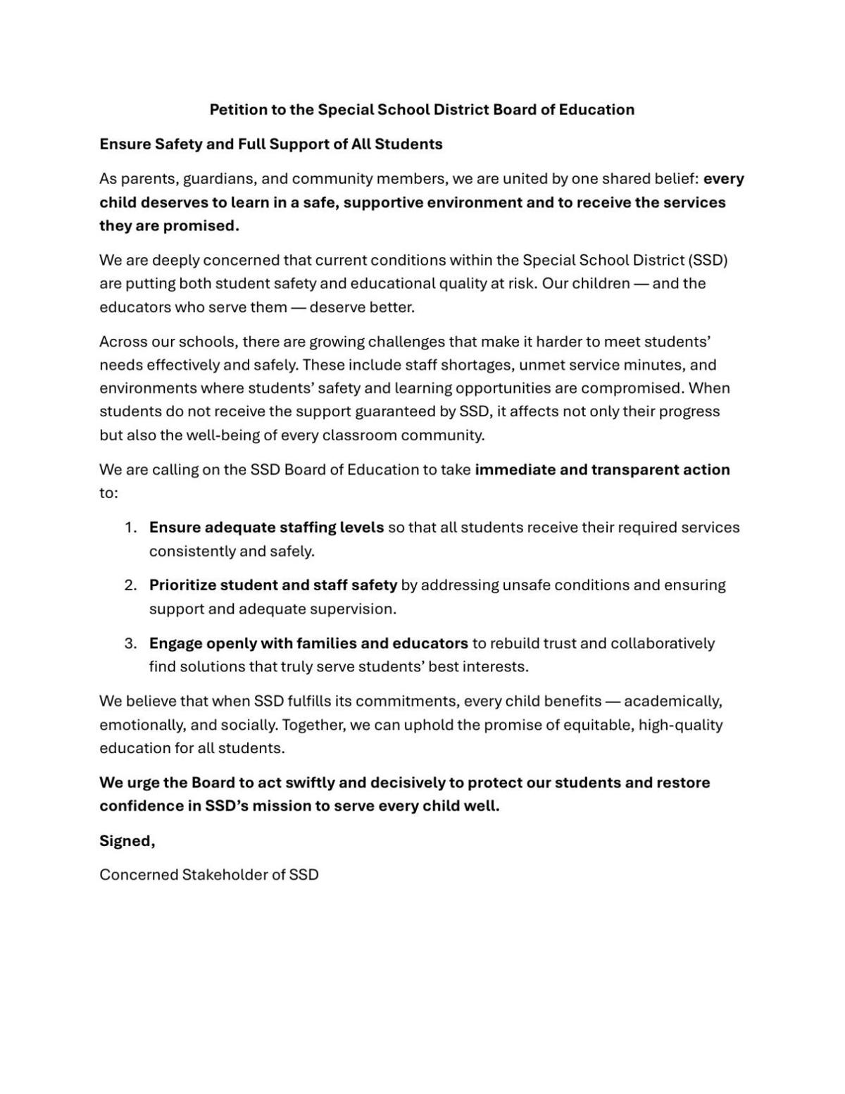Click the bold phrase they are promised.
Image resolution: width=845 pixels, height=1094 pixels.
pyautogui.click(x=169, y=225)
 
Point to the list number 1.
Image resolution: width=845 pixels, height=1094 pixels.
pyautogui.click(x=130, y=528)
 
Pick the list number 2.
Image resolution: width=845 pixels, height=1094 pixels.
pyautogui.click(x=130, y=585)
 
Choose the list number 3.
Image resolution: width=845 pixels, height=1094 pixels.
pyautogui.click(x=130, y=643)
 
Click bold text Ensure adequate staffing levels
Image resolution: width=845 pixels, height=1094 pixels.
pyautogui.click(x=266, y=528)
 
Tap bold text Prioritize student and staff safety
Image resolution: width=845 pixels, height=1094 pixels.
pyautogui.click(x=273, y=585)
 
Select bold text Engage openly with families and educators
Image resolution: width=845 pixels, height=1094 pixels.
pyautogui.click(x=308, y=643)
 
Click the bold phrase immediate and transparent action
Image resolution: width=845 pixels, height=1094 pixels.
pyautogui.click(x=602, y=470)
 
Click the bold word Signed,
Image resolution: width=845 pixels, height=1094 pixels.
pyautogui.click(x=127, y=840)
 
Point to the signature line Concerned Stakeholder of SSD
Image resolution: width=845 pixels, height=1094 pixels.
pyautogui.click(x=208, y=875)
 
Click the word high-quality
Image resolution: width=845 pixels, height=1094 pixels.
pyautogui.click(x=680, y=725)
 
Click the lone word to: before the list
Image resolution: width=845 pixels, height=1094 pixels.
pyautogui.click(x=108, y=493)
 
